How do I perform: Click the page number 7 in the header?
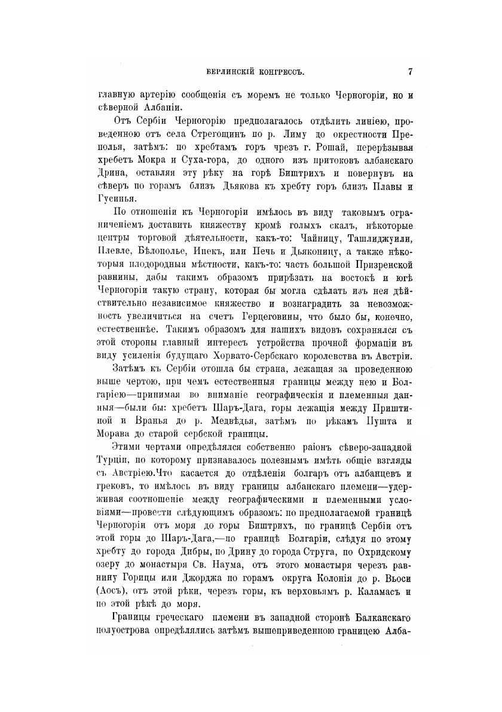point(410,72)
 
